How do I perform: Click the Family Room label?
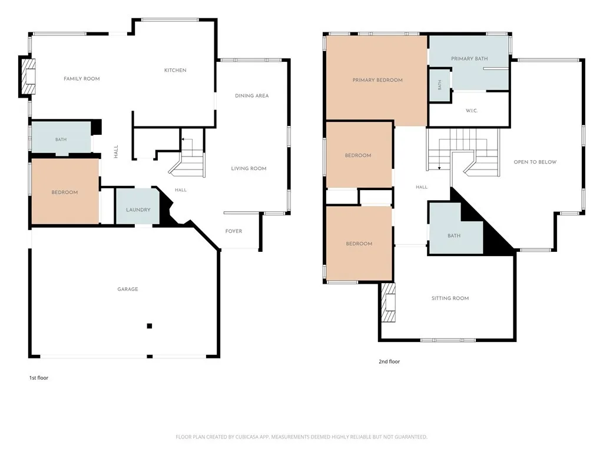coord(81,79)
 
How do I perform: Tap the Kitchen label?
coord(175,71)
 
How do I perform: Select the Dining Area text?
coord(252,96)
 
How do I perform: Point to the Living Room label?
coord(249,168)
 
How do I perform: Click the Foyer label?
coord(234,231)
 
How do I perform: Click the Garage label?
coord(128,289)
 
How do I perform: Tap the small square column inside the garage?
coord(150,326)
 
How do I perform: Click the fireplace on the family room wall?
coord(28,77)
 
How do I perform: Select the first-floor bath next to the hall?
coord(61,138)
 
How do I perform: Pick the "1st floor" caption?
coord(39,378)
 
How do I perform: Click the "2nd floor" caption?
coord(389,362)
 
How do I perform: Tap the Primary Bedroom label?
coord(377,80)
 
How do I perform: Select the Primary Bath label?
coord(469,59)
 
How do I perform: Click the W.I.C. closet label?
coord(472,111)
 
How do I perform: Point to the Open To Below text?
coord(535,162)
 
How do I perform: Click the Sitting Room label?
coord(450,298)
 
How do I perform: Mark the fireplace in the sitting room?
coord(388,303)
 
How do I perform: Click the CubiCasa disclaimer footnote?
coord(301,437)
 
